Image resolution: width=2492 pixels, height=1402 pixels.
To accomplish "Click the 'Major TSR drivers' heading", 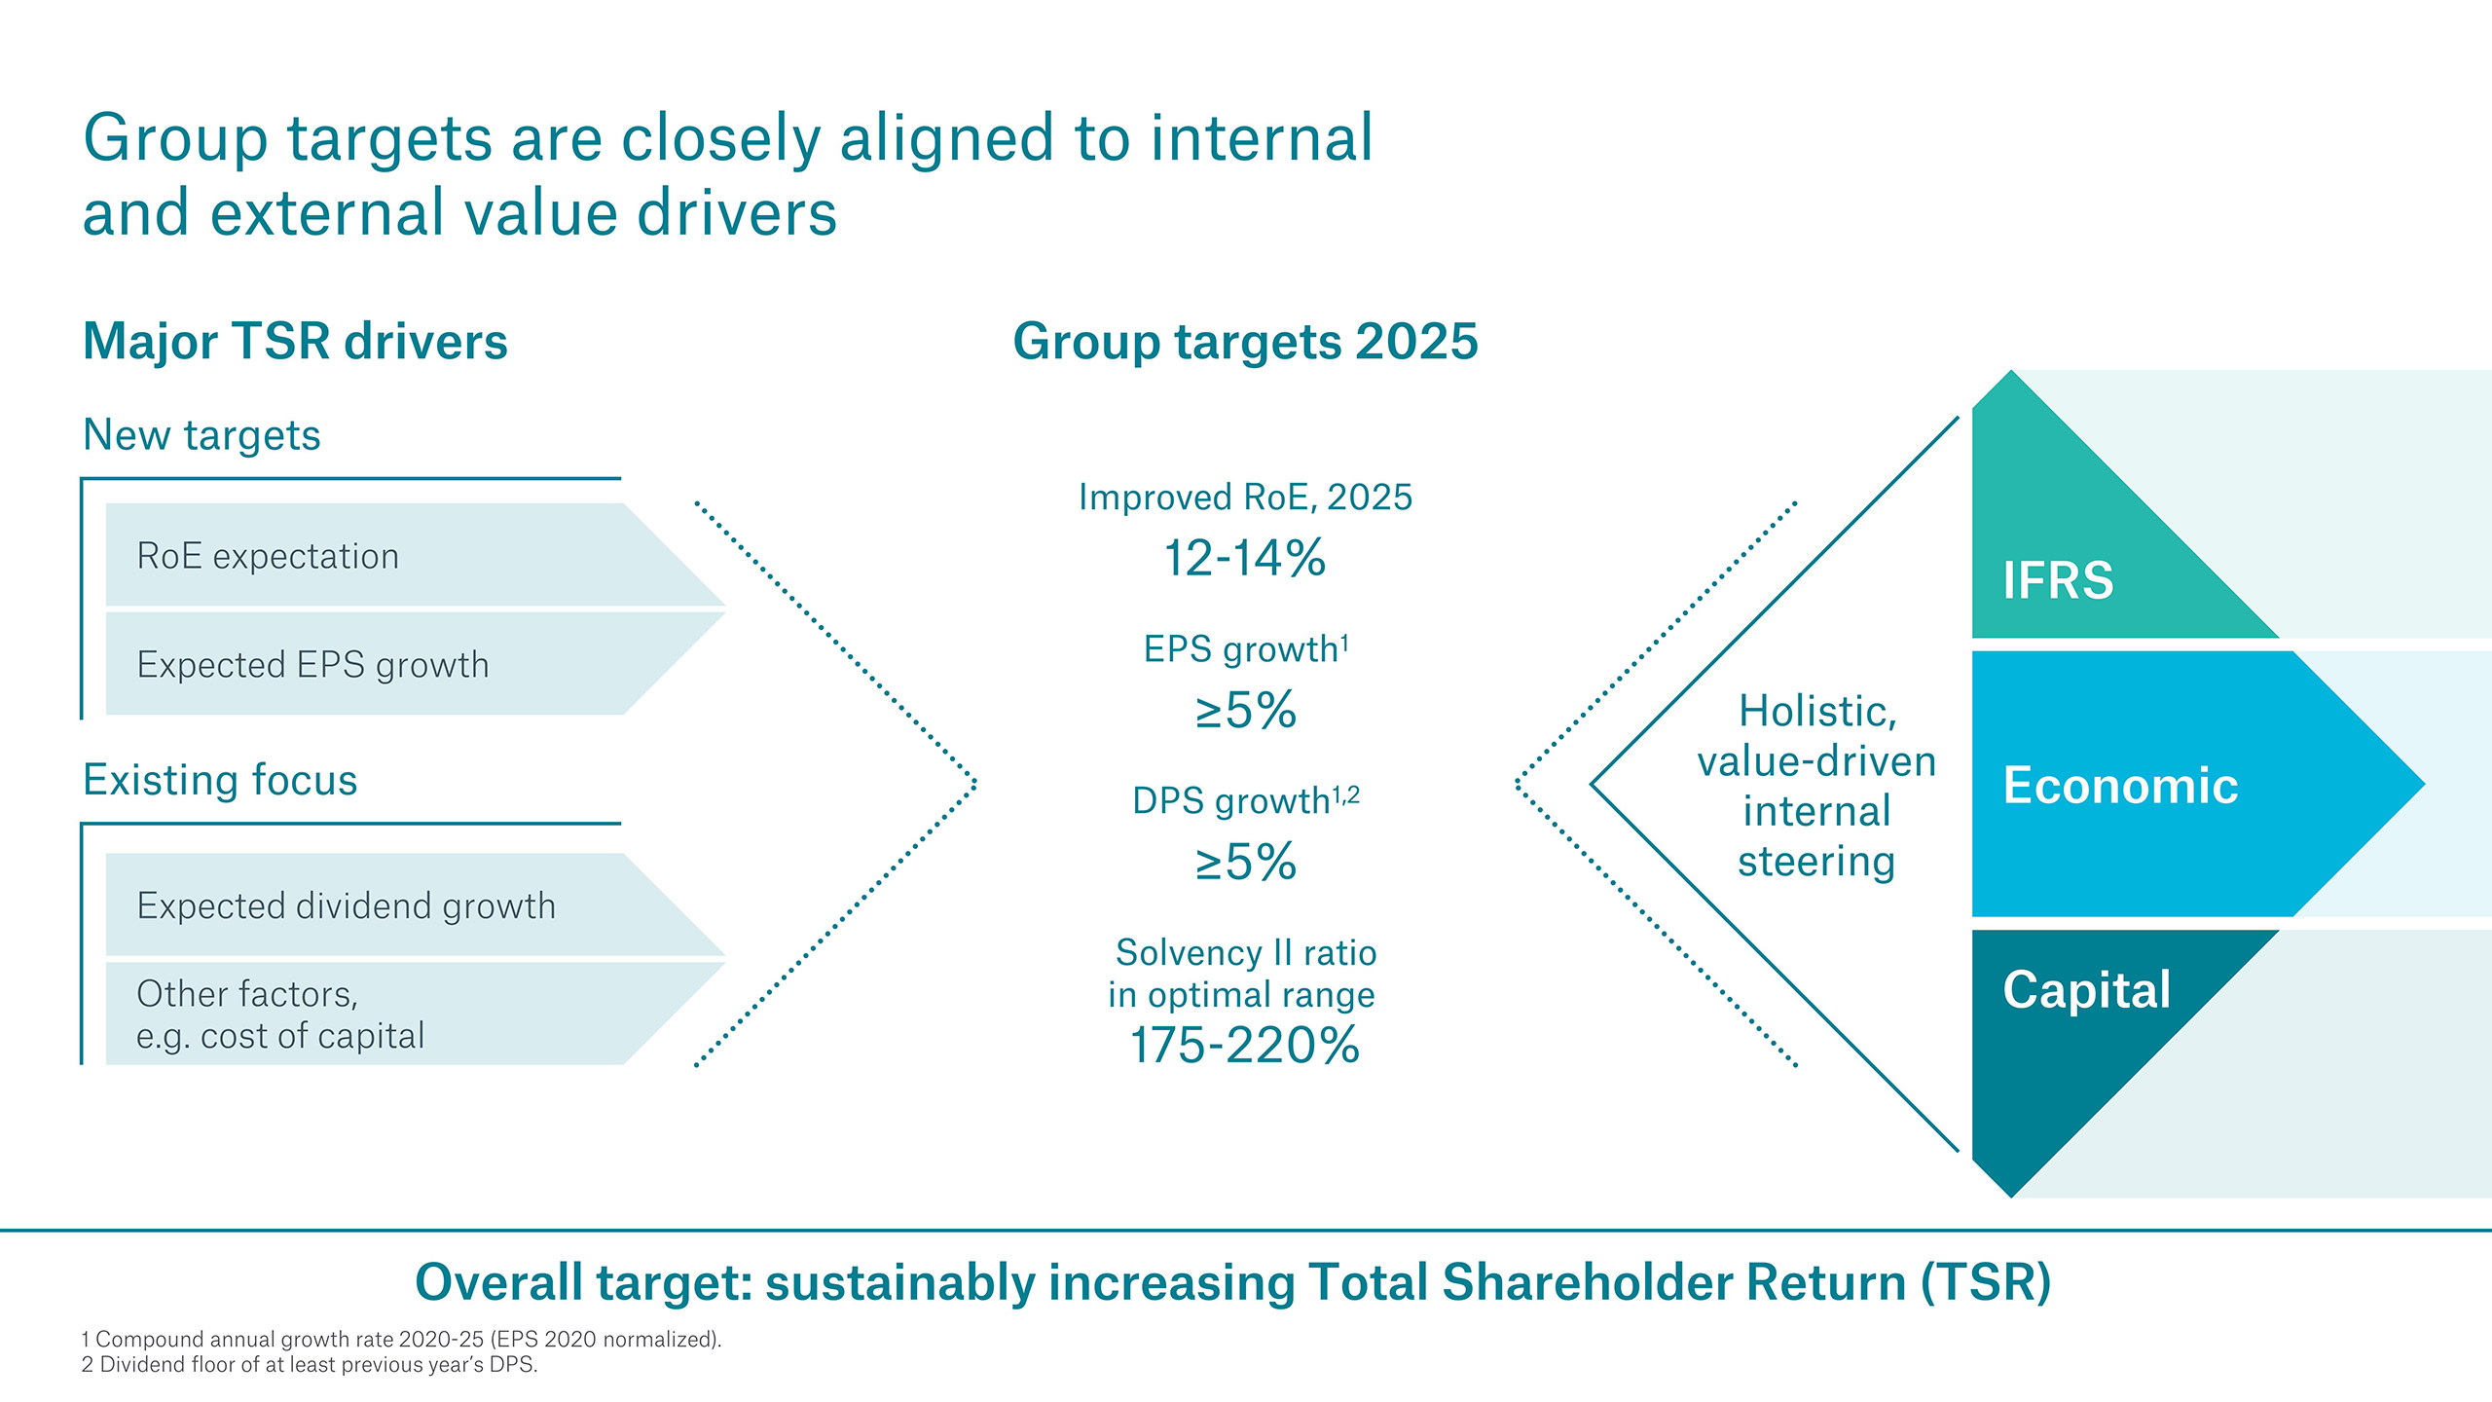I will pyautogui.click(x=295, y=342).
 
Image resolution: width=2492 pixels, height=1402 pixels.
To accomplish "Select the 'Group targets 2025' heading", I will pyautogui.click(x=1245, y=342).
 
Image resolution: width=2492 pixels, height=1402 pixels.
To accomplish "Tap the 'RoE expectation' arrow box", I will pyautogui.click(x=389, y=556).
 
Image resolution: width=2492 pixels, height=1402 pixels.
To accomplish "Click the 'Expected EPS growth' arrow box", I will pyautogui.click(x=389, y=665).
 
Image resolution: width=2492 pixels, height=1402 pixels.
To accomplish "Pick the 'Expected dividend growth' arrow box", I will pyautogui.click(x=389, y=906).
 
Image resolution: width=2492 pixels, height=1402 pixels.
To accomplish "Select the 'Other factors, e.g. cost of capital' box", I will pyautogui.click(x=389, y=1015).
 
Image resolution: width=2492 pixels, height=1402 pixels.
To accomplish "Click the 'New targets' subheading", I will pyautogui.click(x=202, y=435).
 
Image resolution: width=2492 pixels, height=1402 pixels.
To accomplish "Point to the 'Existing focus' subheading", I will pyautogui.click(x=220, y=780).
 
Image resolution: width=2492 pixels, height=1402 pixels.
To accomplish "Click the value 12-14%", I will pyautogui.click(x=1245, y=559).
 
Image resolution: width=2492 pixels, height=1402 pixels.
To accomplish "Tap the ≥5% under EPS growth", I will pyautogui.click(x=1245, y=711).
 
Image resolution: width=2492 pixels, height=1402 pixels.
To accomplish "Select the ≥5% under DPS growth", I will pyautogui.click(x=1245, y=863).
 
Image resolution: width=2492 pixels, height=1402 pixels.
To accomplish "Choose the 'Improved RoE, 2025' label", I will pyautogui.click(x=1245, y=498).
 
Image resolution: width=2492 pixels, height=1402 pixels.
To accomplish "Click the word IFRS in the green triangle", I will pyautogui.click(x=2058, y=581).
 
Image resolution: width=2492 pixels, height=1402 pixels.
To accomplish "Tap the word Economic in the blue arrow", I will pyautogui.click(x=2120, y=786).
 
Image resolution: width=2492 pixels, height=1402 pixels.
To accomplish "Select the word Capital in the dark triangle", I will pyautogui.click(x=2086, y=990).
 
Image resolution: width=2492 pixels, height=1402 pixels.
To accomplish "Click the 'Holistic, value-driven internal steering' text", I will pyautogui.click(x=1816, y=786).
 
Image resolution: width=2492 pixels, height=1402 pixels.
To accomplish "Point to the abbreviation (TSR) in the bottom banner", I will pyautogui.click(x=1986, y=1282).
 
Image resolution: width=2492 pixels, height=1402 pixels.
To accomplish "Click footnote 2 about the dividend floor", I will pyautogui.click(x=310, y=1365).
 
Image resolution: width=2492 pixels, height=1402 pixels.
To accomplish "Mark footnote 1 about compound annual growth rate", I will pyautogui.click(x=401, y=1340).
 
